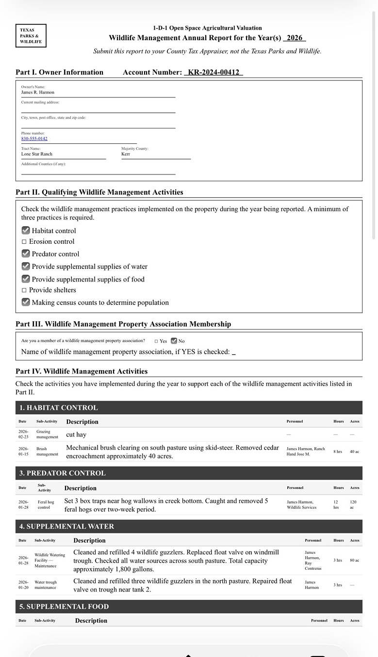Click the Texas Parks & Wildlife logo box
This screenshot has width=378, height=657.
(31, 36)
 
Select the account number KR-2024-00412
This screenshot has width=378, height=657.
(213, 72)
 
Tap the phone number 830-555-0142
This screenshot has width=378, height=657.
(34, 139)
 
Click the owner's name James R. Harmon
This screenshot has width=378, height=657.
(38, 92)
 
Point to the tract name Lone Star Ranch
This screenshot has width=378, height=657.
(36, 154)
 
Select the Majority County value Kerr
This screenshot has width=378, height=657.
(126, 154)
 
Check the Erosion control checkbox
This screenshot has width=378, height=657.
(24, 242)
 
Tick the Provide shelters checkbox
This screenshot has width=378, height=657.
(24, 290)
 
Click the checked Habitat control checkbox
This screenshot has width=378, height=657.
(26, 231)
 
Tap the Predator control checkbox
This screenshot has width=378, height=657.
(26, 254)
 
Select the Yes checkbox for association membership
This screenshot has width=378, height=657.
(156, 341)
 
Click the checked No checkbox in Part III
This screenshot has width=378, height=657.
(174, 341)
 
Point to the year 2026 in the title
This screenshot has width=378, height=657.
(294, 38)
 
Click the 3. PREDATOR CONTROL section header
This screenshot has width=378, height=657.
(62, 473)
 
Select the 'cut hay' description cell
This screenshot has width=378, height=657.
(76, 435)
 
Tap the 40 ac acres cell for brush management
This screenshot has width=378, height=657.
(354, 452)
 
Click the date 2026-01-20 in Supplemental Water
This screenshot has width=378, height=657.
(23, 585)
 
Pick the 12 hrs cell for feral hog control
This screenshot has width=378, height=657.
(336, 505)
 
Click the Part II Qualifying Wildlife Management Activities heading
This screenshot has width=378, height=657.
(99, 192)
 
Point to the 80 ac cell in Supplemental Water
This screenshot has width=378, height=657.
(354, 561)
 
